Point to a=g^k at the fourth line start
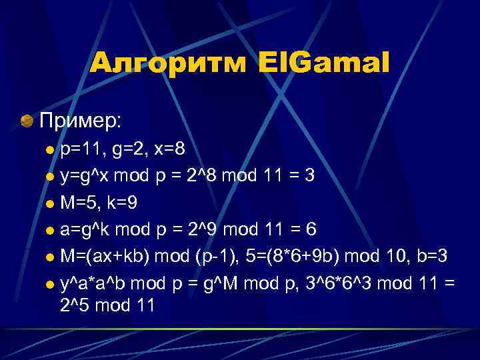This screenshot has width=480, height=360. [x=83, y=229]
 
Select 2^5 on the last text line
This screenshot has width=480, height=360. [x=76, y=305]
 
